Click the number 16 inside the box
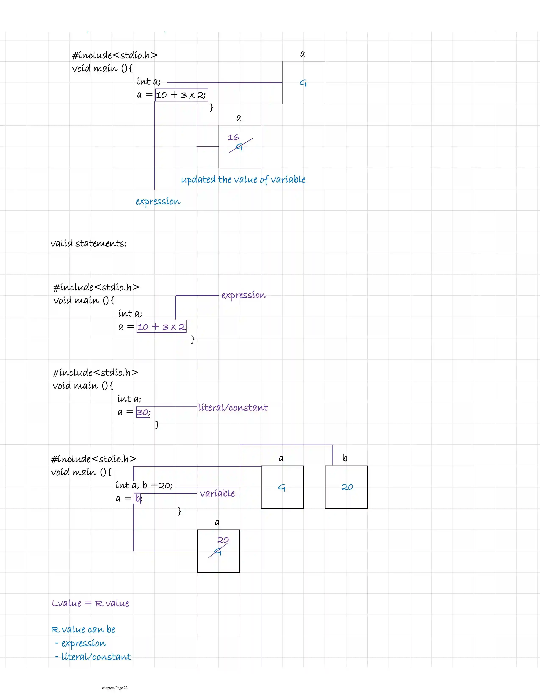click(x=233, y=137)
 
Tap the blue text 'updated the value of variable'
click(x=243, y=179)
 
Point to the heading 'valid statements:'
click(x=89, y=244)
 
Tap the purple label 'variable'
click(x=217, y=493)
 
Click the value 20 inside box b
click(x=347, y=487)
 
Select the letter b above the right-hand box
click(x=345, y=458)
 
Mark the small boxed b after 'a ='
click(x=137, y=498)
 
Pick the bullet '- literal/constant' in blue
click(x=93, y=657)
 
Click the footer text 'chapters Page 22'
click(x=115, y=688)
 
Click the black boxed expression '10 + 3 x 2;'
click(x=181, y=95)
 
